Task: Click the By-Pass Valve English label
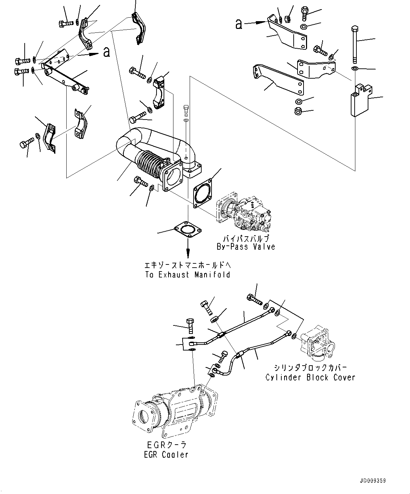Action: pyautogui.click(x=245, y=246)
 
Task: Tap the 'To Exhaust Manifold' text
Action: pyautogui.click(x=187, y=274)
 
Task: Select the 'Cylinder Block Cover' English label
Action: pyautogui.click(x=310, y=377)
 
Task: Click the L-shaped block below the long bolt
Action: pyautogui.click(x=360, y=100)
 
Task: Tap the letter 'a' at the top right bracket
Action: pyautogui.click(x=239, y=24)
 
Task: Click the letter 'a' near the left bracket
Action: pyautogui.click(x=106, y=52)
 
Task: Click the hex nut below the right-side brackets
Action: pyautogui.click(x=298, y=112)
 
